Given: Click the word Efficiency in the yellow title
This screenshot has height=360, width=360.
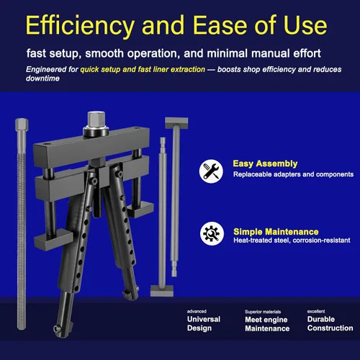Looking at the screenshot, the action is (x=80, y=26).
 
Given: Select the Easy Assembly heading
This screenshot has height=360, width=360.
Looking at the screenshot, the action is (x=265, y=163).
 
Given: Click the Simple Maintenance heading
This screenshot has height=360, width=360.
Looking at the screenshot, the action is (x=276, y=232).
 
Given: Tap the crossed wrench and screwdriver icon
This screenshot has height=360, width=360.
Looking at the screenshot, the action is (x=211, y=171).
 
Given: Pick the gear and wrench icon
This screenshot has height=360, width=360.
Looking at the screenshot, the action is (x=212, y=233).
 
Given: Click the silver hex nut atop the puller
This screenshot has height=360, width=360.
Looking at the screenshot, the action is (x=96, y=121).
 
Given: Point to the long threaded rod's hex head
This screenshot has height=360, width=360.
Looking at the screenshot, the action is (x=22, y=125).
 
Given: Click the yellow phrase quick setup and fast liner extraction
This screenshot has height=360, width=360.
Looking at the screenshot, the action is (x=143, y=69).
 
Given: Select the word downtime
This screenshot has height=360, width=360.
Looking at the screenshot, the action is (x=42, y=78).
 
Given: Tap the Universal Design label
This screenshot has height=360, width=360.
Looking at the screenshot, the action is (x=204, y=323).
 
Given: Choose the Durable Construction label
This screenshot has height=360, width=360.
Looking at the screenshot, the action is (x=330, y=323).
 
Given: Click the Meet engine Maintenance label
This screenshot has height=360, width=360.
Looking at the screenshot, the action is (x=267, y=324).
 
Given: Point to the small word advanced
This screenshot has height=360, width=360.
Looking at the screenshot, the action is (x=197, y=311).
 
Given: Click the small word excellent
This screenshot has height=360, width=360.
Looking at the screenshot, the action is (x=316, y=311).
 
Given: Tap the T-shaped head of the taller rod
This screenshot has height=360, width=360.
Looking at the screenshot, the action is (x=176, y=122).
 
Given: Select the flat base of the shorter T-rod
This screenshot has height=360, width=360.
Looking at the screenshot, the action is (x=162, y=291).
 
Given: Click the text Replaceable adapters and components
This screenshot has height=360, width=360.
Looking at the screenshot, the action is (x=293, y=174).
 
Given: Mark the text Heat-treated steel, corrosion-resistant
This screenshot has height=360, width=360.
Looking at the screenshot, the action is (x=292, y=240).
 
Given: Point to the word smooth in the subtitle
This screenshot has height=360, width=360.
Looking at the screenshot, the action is (x=104, y=53).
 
